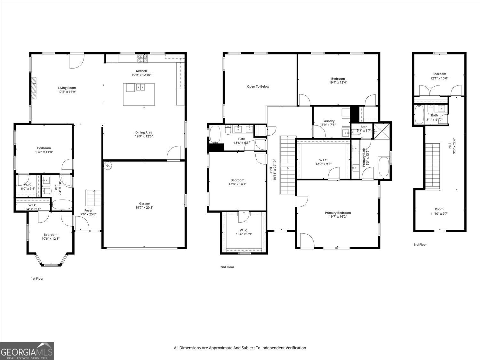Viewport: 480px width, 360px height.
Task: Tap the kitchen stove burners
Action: point(142,59)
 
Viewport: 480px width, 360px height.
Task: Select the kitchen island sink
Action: point(140,87)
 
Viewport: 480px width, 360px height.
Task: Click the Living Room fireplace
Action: point(34,88)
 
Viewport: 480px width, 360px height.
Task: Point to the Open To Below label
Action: point(258,86)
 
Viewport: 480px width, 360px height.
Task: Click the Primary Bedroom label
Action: point(338,213)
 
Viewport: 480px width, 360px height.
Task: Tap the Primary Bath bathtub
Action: point(384,166)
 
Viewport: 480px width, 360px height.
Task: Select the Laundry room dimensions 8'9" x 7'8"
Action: point(328,125)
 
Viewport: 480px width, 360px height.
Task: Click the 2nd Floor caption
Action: point(227,267)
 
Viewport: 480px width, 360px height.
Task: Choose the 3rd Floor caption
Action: point(420,244)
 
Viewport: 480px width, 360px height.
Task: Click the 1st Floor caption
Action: point(37,278)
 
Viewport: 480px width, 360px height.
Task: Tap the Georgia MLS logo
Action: point(27,351)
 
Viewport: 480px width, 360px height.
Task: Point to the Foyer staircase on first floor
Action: point(93,198)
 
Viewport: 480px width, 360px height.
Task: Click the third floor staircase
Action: point(433,166)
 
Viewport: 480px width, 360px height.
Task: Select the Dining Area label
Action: point(144,132)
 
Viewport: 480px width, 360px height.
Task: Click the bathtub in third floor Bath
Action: point(420,115)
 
